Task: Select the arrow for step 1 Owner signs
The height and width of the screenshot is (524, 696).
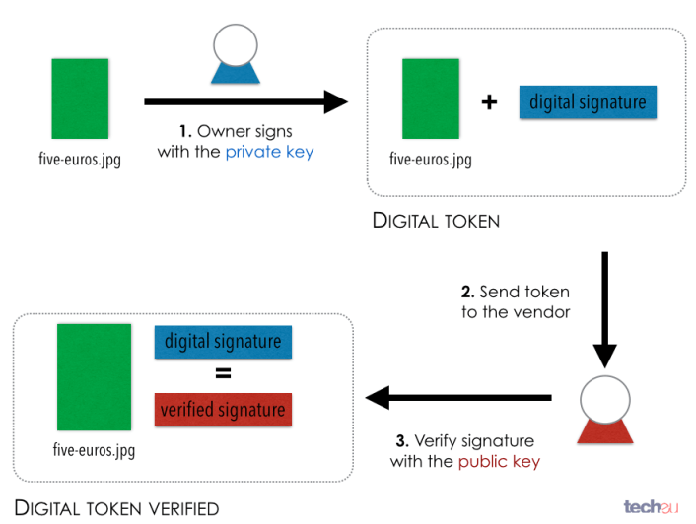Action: point(246,101)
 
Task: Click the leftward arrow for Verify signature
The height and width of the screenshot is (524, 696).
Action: point(458,398)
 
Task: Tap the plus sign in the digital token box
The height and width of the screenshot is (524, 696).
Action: point(489,101)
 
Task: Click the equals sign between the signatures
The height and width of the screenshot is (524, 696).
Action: point(223,374)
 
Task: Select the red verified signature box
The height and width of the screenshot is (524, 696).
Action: point(224,410)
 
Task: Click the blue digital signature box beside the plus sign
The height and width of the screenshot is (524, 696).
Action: point(588,101)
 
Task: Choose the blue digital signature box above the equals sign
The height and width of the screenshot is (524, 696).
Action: point(223,342)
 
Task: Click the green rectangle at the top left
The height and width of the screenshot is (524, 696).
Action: point(80,98)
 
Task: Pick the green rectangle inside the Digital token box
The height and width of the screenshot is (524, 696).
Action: point(431,98)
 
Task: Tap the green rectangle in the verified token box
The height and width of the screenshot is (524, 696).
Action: point(94,377)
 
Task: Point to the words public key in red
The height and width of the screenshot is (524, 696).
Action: point(499,461)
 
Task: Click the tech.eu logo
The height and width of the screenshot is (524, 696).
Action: point(652,506)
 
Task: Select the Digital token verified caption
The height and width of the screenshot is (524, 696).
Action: point(116,508)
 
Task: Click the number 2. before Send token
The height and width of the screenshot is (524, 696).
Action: point(467,293)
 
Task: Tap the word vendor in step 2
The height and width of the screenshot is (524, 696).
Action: point(542,312)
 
